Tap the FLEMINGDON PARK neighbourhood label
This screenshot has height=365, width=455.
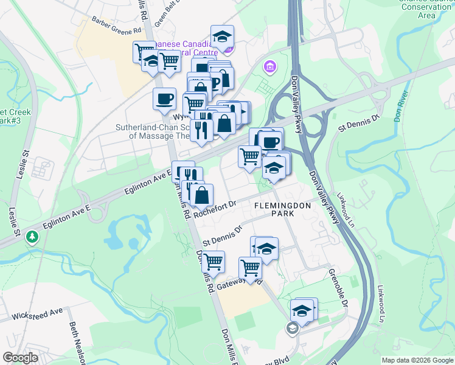tap(282, 210)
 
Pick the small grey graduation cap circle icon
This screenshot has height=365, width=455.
tap(292, 328)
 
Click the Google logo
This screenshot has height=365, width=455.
tap(21, 358)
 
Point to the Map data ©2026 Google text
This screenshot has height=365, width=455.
tap(417, 360)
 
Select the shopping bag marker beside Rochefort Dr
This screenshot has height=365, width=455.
tap(202, 195)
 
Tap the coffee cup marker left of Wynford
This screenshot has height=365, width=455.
tap(164, 99)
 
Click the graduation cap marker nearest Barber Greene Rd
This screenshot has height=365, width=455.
tap(222, 36)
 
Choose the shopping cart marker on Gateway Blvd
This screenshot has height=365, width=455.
tap(250, 266)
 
